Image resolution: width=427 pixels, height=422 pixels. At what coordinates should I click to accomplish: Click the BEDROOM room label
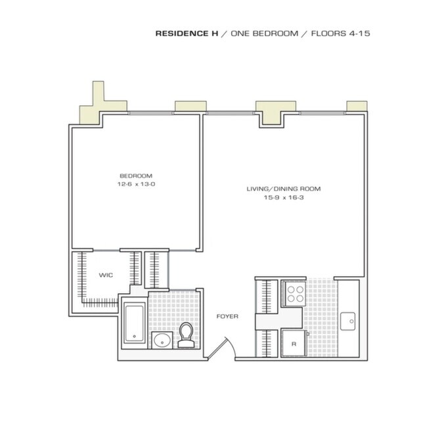(136, 176)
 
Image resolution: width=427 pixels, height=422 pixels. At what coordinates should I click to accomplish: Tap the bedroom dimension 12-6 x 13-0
(136, 185)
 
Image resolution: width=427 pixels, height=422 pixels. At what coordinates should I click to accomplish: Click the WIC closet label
(106, 275)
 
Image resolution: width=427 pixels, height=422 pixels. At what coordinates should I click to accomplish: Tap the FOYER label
(227, 317)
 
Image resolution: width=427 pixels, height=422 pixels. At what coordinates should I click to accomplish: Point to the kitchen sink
(349, 322)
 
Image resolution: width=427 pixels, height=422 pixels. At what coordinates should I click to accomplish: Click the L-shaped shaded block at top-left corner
(91, 109)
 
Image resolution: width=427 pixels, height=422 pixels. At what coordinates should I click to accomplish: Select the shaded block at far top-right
(356, 106)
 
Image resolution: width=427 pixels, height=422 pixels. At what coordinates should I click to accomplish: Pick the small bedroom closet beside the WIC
(157, 269)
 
